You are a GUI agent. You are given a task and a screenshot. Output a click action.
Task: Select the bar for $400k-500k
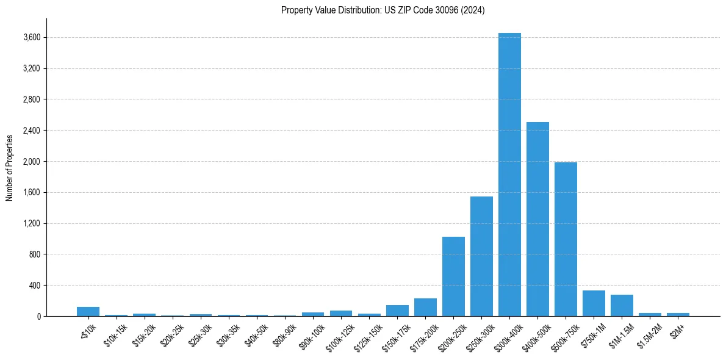coord(537,219)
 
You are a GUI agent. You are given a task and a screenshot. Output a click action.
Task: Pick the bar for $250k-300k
coord(481,256)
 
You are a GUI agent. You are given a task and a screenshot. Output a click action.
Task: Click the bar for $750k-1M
coord(594,303)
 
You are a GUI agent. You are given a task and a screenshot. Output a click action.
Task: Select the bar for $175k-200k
coord(425,307)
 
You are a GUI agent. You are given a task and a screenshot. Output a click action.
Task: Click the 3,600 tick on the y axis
coord(32,38)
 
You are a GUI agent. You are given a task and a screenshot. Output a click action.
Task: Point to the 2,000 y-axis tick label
coord(32,162)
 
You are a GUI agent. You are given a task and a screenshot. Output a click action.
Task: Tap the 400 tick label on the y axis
coord(35,286)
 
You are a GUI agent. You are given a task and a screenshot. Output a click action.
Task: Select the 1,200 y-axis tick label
coord(32,223)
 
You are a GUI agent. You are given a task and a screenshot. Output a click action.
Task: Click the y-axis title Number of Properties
coord(10,167)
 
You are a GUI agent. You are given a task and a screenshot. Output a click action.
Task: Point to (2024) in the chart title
coord(473,10)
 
